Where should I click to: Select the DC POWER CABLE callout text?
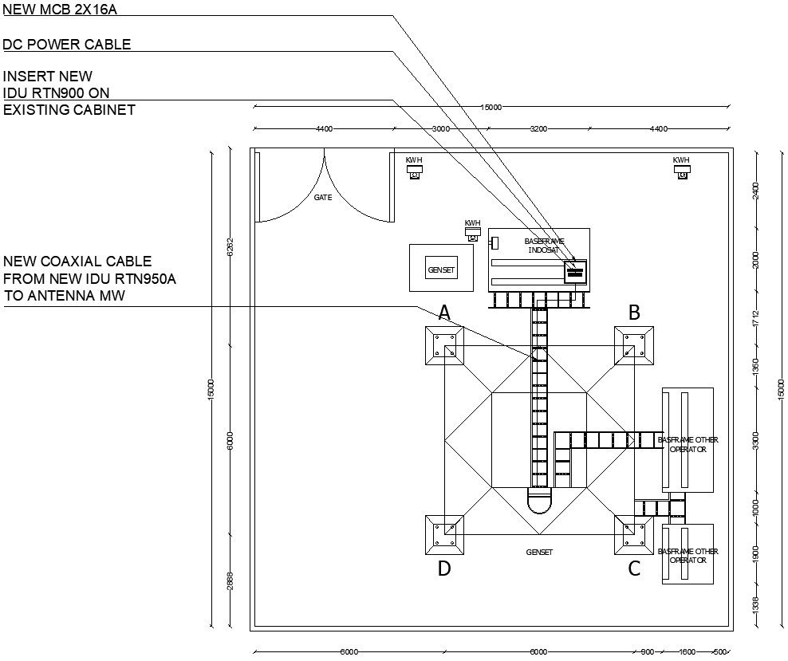[x=67, y=45]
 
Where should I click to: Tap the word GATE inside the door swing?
[x=322, y=197]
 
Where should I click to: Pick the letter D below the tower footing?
[x=444, y=569]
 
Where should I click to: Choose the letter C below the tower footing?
[x=634, y=569]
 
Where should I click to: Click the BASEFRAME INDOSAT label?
[x=544, y=246]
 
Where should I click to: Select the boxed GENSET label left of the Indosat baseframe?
[x=441, y=270]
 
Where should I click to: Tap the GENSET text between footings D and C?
[x=539, y=552]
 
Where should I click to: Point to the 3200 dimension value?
[x=538, y=128]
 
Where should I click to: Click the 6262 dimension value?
[x=230, y=247]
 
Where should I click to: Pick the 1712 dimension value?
[x=756, y=318]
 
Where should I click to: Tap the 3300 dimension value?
[x=756, y=440]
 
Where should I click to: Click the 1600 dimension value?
[x=688, y=652]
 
